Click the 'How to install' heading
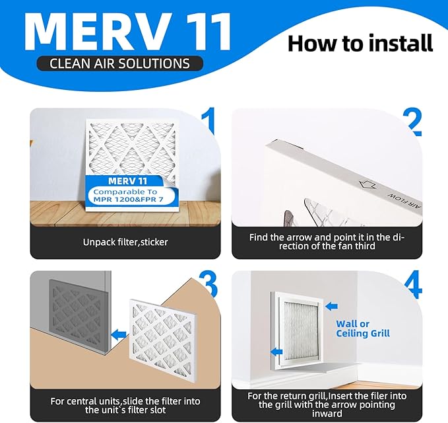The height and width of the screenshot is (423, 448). tap(360, 43)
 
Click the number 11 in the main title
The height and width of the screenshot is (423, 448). tap(195, 30)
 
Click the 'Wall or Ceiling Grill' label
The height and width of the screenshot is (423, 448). tap(363, 328)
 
